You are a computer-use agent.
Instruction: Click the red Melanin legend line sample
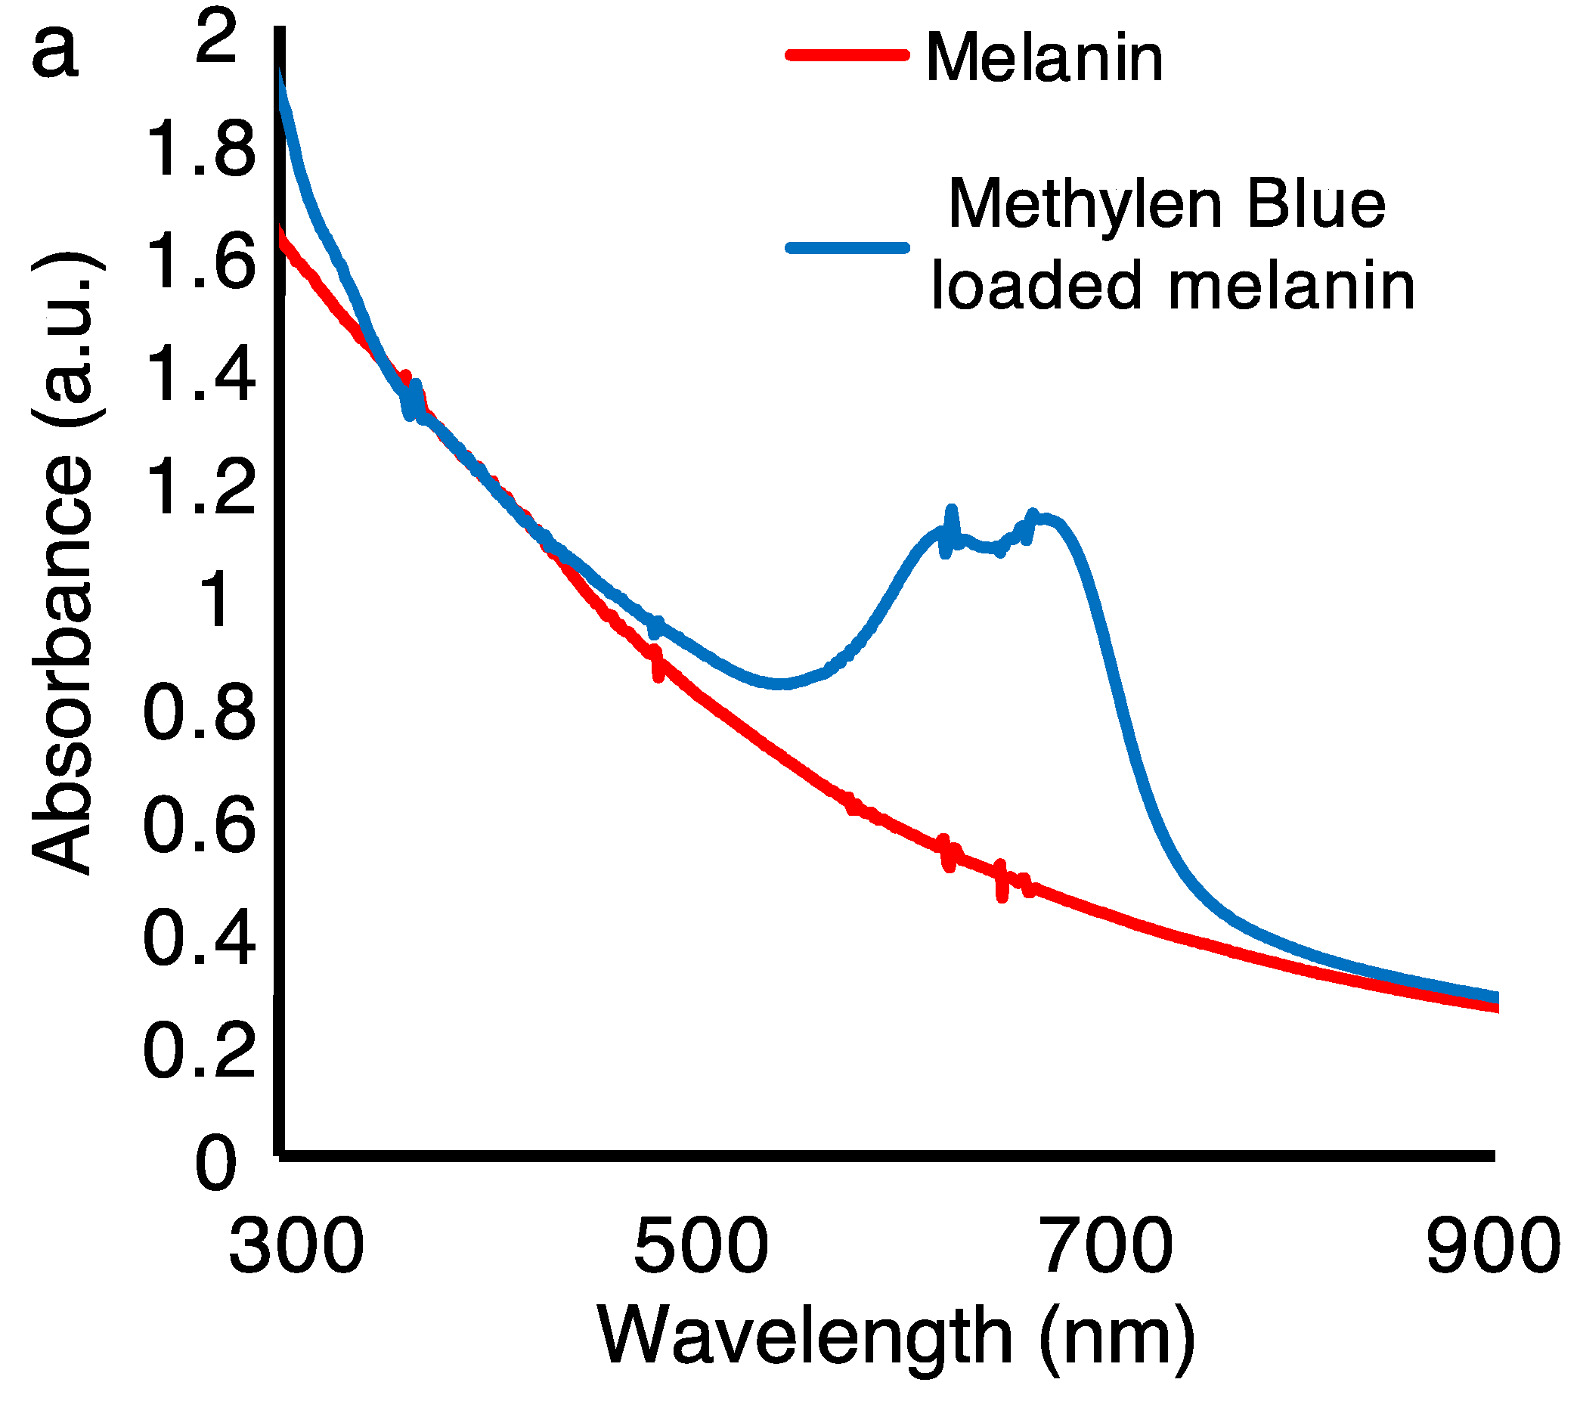pos(847,55)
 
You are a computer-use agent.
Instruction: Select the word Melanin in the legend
pos(1043,58)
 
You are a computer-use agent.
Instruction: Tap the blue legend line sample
pos(847,248)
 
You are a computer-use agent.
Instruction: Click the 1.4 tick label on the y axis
pos(200,374)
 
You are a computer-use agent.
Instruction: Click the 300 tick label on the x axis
pos(296,1245)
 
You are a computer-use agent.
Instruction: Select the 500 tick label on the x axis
pos(701,1245)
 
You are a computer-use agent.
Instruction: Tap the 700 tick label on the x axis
pos(1106,1245)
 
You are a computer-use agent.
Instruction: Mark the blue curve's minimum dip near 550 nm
pos(782,683)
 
